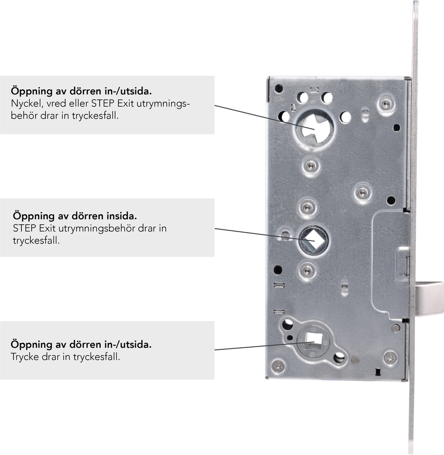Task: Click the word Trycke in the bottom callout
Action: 25,357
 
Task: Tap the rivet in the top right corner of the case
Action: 386,104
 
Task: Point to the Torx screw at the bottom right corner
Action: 390,357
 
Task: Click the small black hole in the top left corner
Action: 279,89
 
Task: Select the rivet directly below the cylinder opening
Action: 311,166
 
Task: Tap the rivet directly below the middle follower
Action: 306,271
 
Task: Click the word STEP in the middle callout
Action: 25,228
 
